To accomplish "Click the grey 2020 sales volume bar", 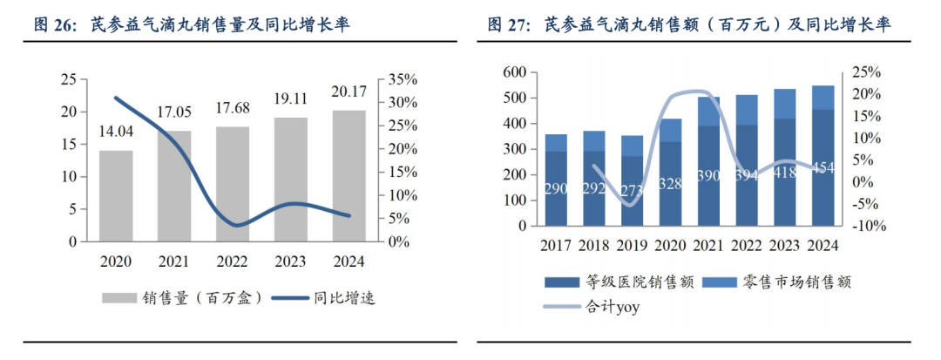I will (x=116, y=196).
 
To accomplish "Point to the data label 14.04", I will (x=116, y=132).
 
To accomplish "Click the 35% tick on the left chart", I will (x=403, y=79).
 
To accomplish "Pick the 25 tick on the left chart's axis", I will (x=68, y=79).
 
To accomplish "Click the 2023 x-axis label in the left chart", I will (x=292, y=261).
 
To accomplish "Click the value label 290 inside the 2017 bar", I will (x=556, y=189).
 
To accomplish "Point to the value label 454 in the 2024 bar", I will (x=823, y=167).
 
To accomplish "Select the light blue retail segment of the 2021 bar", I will (x=708, y=111).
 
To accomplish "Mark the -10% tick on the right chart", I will (x=869, y=226).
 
